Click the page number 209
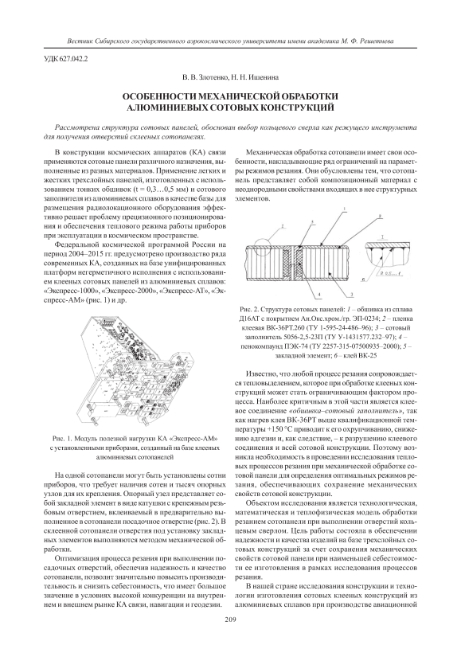[230, 619]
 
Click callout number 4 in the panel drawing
[319, 295]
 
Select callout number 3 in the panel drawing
[352, 295]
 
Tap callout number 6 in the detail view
[365, 280]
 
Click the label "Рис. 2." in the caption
[248, 311]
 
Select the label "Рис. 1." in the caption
[61, 439]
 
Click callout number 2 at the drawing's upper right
[381, 217]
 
